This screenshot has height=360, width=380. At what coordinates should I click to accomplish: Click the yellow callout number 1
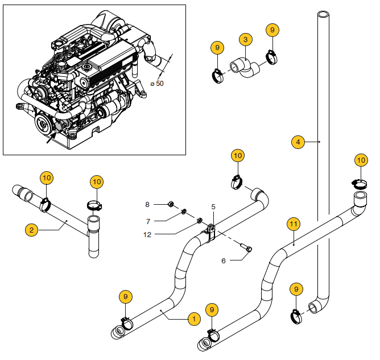click(x=193, y=319)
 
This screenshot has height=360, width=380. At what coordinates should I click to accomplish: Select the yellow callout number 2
click(x=32, y=230)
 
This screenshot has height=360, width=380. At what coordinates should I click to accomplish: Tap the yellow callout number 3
click(x=245, y=39)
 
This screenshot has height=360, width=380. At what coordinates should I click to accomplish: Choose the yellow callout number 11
click(x=293, y=224)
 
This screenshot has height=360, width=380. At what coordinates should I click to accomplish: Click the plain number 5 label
click(x=213, y=208)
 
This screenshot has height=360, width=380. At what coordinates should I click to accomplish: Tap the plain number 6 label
click(x=223, y=260)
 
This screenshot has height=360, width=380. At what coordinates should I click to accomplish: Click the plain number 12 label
click(x=147, y=234)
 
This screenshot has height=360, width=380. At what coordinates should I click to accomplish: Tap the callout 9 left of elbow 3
click(x=217, y=48)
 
